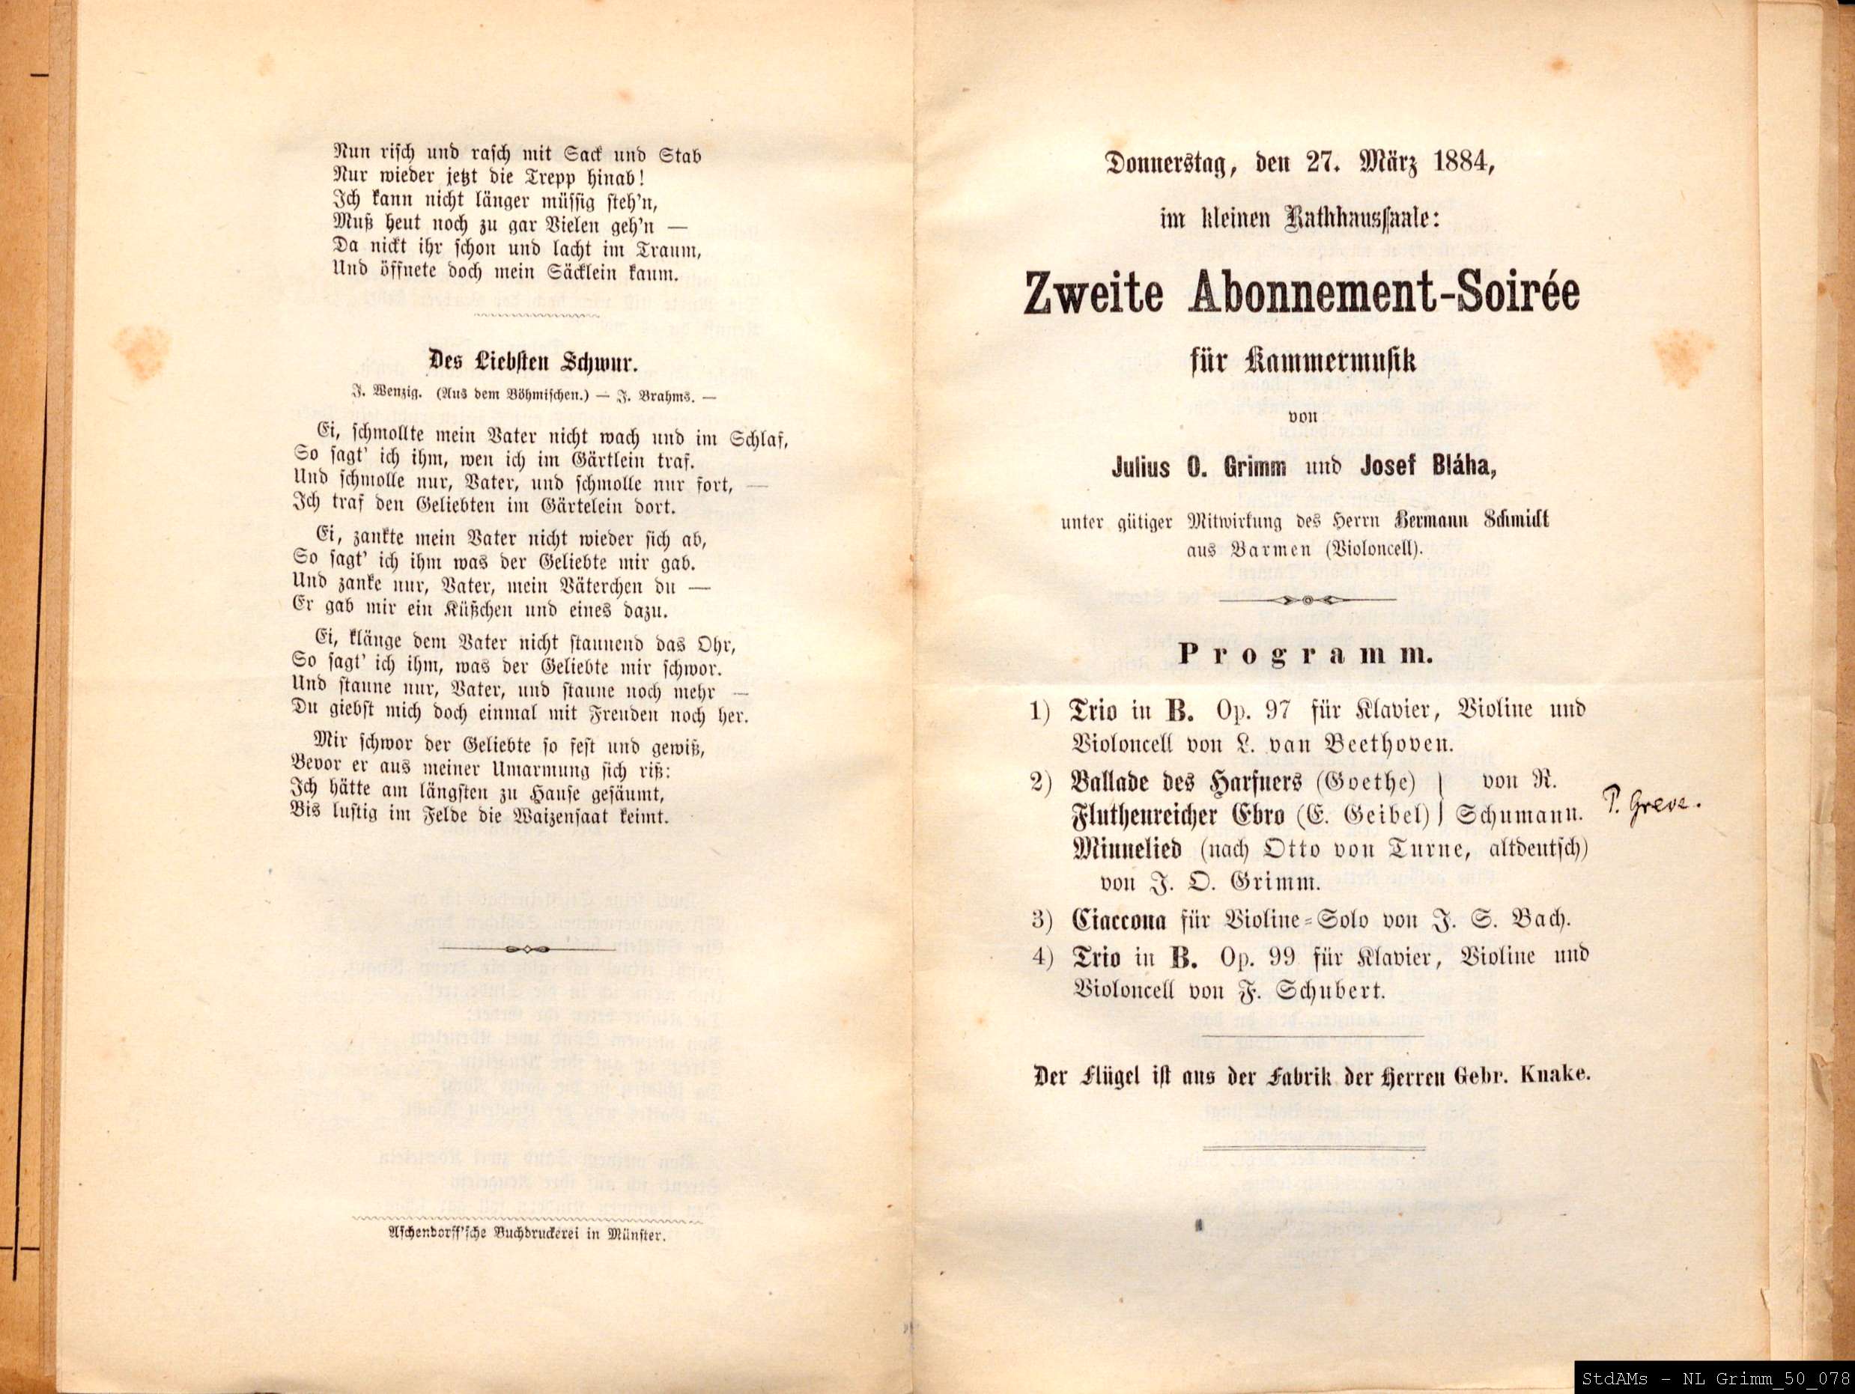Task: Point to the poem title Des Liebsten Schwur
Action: pyautogui.click(x=532, y=362)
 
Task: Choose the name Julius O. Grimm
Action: pyautogui.click(x=1199, y=467)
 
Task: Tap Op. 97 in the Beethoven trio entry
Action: pyautogui.click(x=1251, y=709)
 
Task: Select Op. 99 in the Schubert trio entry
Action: pyautogui.click(x=1251, y=957)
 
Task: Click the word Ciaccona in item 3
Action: pyautogui.click(x=1119, y=919)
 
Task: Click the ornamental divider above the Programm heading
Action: pyautogui.click(x=1306, y=600)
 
